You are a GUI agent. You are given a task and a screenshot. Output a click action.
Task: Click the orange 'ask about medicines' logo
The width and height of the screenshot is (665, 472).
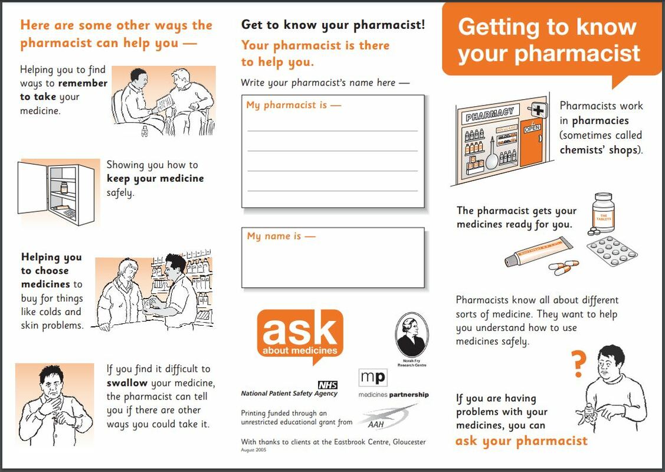300,334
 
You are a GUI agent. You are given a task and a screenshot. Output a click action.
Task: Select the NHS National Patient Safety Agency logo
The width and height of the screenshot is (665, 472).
290,389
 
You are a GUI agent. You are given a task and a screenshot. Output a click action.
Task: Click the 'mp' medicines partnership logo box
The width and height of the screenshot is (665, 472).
372,378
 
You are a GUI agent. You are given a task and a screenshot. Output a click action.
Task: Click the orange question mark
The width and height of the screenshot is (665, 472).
579,364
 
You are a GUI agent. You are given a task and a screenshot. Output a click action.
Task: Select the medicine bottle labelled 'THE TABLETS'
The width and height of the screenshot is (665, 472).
604,214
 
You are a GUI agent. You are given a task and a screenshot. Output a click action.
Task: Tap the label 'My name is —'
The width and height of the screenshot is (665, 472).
281,236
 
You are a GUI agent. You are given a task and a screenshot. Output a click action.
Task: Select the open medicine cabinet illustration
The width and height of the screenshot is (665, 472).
58,192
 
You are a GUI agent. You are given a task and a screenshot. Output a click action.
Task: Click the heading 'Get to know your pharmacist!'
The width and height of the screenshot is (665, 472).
333,25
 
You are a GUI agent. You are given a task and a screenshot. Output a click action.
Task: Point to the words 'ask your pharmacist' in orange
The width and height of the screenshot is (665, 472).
521,441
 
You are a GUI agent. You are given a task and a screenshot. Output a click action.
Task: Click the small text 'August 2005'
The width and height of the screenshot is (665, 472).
253,450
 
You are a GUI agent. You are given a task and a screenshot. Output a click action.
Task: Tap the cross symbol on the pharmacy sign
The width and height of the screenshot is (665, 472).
538,110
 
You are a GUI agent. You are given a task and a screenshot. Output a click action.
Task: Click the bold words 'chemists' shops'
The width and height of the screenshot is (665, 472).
599,149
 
